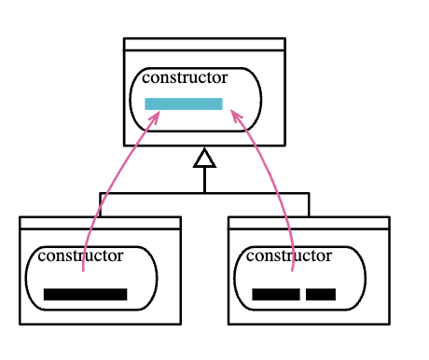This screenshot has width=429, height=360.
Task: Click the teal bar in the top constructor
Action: [x=184, y=104]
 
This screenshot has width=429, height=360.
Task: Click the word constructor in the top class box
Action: [x=185, y=77]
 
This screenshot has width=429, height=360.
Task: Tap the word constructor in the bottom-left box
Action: [x=80, y=256]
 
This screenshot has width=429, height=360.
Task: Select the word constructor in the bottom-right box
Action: [x=289, y=256]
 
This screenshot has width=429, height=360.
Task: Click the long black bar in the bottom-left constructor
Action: [x=86, y=295]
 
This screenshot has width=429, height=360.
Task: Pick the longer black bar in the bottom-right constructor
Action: [x=276, y=295]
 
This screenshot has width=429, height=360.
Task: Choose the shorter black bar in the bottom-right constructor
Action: [x=321, y=295]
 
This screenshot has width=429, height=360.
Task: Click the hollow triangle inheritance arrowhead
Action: [x=204, y=159]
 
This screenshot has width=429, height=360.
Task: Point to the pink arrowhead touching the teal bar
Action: [x=156, y=117]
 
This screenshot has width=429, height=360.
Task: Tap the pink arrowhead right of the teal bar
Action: [x=236, y=115]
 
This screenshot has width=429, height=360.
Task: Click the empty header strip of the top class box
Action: [x=204, y=44]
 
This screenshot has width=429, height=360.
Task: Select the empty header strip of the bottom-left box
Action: [x=100, y=223]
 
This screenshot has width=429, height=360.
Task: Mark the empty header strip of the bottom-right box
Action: [x=309, y=223]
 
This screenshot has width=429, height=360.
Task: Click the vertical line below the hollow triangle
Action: [x=204, y=180]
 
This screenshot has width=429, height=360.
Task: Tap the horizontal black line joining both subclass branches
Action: [x=204, y=193]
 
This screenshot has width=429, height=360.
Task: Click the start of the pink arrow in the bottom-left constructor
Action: [x=83, y=271]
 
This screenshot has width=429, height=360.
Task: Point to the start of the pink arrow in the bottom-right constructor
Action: [x=292, y=271]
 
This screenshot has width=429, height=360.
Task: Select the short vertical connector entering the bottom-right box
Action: [x=309, y=204]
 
